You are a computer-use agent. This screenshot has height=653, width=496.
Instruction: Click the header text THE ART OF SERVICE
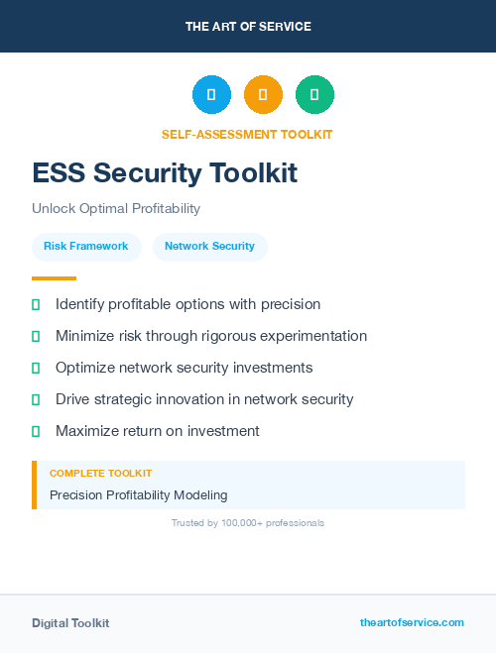pos(248,27)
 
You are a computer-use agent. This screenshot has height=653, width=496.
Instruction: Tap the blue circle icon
pos(211,95)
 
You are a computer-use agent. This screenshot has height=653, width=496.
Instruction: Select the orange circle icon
pos(263,95)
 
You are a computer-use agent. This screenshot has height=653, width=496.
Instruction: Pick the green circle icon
pos(314,95)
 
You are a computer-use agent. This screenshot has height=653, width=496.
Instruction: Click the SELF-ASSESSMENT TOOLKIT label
pos(247,134)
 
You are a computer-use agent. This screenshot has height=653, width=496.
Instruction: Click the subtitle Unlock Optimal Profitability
pos(116,208)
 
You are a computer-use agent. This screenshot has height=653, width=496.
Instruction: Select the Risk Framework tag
pos(86,246)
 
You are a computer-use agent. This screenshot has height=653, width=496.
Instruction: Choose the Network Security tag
pos(209,246)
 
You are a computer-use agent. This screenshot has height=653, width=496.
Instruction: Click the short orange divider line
pos(54,278)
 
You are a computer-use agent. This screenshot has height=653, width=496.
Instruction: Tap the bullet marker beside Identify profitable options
pos(36,304)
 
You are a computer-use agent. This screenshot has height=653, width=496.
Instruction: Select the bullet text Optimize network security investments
pos(184,368)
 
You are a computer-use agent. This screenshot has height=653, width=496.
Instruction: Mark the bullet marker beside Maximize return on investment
pos(36,431)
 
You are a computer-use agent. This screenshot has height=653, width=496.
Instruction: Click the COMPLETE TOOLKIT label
pos(100,474)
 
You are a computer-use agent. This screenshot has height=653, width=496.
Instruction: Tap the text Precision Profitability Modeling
pos(138,494)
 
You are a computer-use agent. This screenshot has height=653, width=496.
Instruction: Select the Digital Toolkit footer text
pos(70,623)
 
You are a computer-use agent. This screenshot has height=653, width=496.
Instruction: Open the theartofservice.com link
pos(412,622)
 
